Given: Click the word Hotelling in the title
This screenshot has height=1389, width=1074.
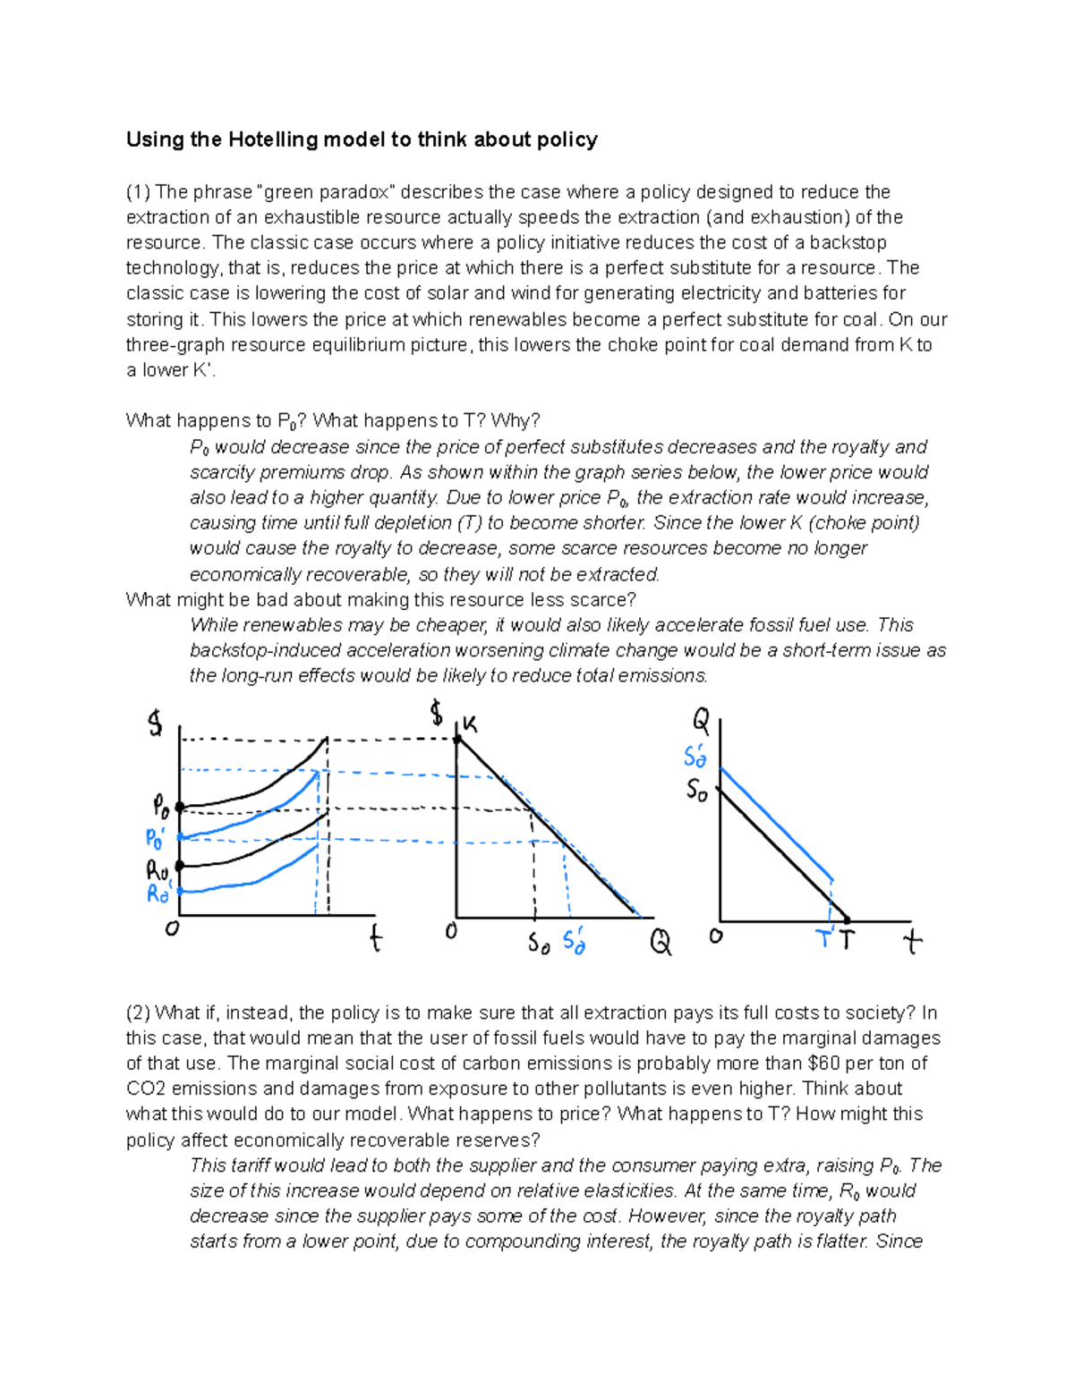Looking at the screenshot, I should pyautogui.click(x=273, y=140).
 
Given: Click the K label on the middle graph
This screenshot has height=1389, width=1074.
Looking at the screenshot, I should pyautogui.click(x=470, y=724).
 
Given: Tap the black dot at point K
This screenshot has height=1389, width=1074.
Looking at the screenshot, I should pyautogui.click(x=457, y=740).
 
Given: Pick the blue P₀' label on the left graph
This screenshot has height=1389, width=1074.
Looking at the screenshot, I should pyautogui.click(x=156, y=839).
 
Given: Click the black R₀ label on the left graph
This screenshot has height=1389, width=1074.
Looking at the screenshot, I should pyautogui.click(x=157, y=869).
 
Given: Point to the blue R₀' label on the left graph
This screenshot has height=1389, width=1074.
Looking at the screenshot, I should pyautogui.click(x=158, y=893).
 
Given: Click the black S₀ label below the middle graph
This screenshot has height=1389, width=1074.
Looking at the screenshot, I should pyautogui.click(x=539, y=943).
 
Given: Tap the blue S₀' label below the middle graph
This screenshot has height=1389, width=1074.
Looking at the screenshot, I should pyautogui.click(x=574, y=942).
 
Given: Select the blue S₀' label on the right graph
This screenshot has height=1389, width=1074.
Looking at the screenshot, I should pyautogui.click(x=695, y=757).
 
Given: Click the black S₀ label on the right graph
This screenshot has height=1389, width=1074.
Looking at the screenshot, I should pyautogui.click(x=697, y=791).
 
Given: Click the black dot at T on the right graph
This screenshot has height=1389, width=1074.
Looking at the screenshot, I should pyautogui.click(x=848, y=920).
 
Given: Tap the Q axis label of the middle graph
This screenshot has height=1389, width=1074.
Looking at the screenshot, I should pyautogui.click(x=661, y=942).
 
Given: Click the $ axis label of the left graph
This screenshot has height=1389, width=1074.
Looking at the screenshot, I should pyautogui.click(x=156, y=723).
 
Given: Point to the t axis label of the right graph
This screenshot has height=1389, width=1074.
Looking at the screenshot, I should pyautogui.click(x=912, y=941).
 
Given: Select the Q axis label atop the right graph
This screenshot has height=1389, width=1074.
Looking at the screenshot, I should pyautogui.click(x=701, y=719).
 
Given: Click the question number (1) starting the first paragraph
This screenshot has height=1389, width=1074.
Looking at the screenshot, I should pyautogui.click(x=139, y=192).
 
